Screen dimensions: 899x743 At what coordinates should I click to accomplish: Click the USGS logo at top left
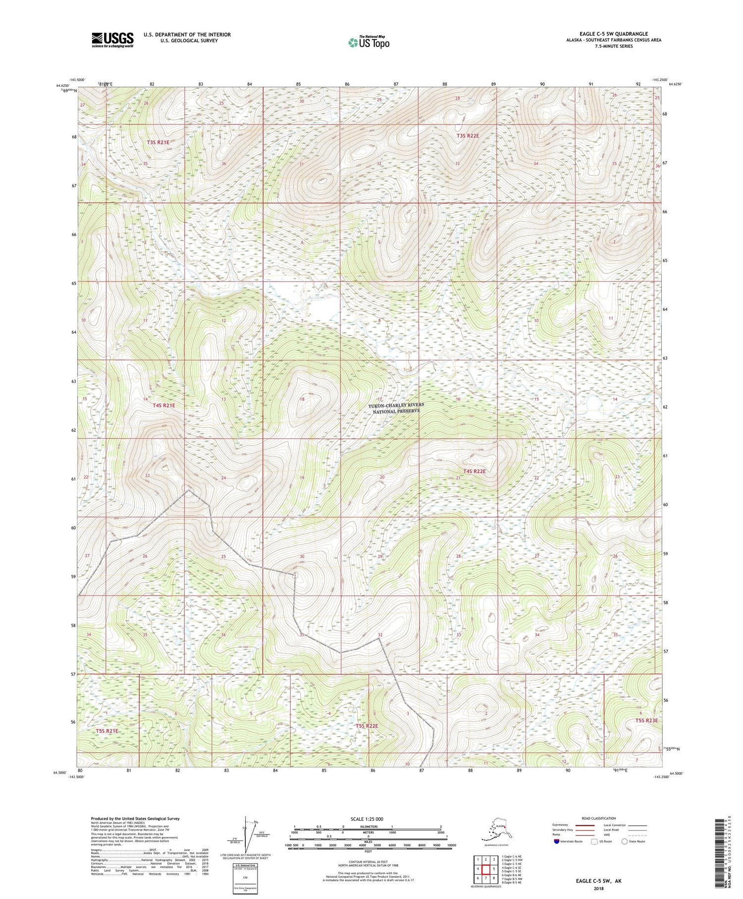[x=112, y=40]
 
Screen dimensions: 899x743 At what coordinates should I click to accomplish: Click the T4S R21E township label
[x=164, y=405]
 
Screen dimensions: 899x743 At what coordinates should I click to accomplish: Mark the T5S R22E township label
[x=367, y=726]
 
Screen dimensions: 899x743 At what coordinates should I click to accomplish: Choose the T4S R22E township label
[x=474, y=471]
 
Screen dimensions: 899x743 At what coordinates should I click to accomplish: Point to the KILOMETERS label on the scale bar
[x=367, y=826]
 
